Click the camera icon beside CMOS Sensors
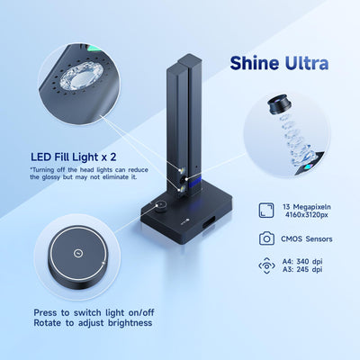coord(266,238)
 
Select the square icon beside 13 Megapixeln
coord(266,211)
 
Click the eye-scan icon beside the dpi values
coord(266,266)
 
